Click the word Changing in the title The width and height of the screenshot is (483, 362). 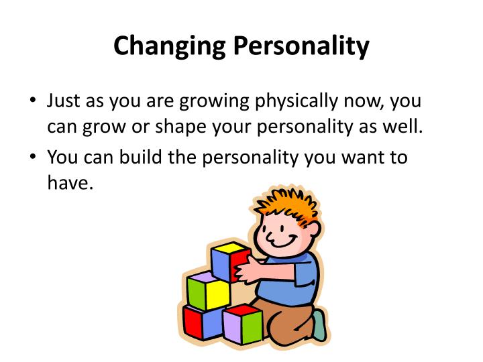point(170,46)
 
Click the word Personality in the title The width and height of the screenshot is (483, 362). point(301,46)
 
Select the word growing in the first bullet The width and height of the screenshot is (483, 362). point(216,103)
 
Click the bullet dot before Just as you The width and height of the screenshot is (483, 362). point(34,103)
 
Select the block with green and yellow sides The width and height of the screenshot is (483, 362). point(208,291)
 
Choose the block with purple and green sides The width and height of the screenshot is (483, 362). point(242,324)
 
